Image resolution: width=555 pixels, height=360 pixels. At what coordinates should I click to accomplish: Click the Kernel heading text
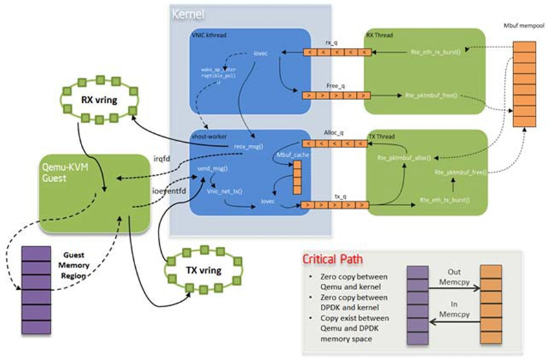tap(188, 14)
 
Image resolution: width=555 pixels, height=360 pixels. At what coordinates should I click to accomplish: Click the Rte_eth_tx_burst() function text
tap(444, 200)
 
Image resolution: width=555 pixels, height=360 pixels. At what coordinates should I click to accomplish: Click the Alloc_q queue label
tap(336, 133)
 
